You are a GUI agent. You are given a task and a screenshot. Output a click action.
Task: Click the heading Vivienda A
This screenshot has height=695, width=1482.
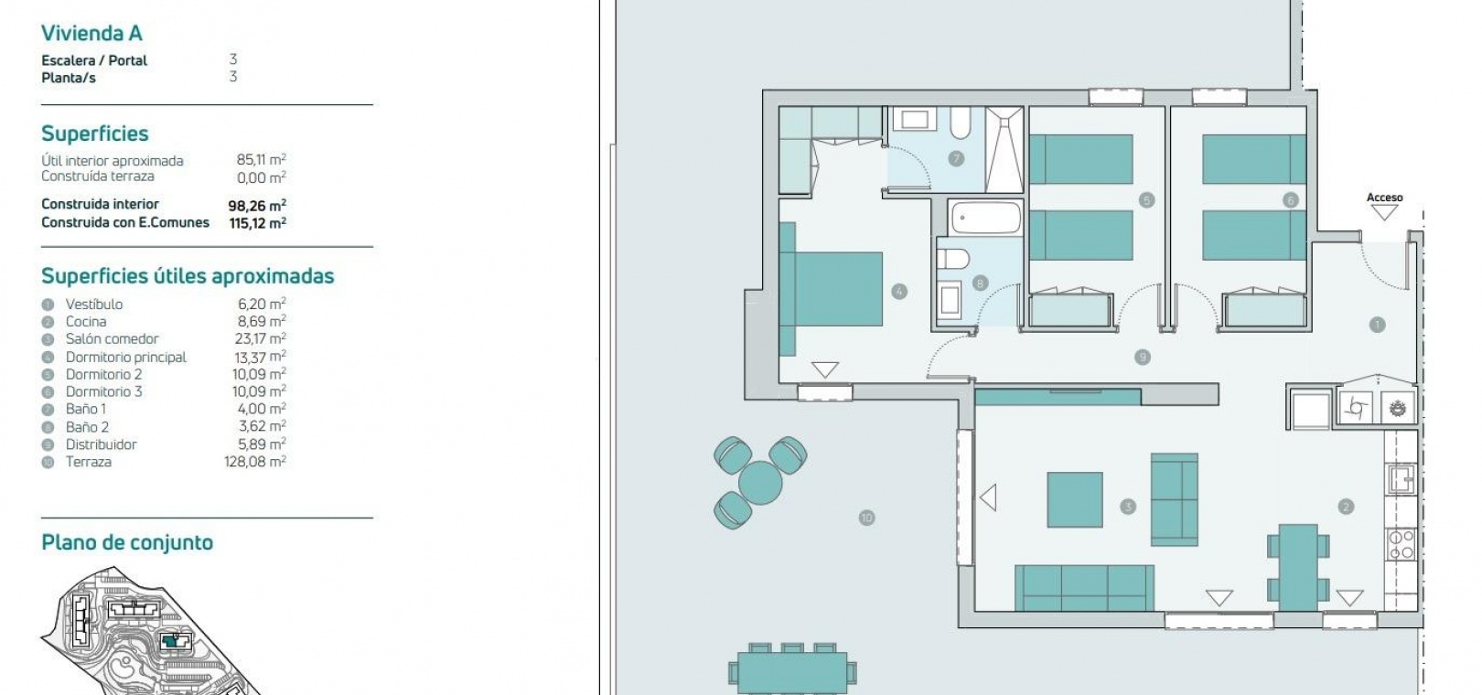click(91, 33)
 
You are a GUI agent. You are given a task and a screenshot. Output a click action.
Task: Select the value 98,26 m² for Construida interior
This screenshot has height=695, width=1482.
click(257, 206)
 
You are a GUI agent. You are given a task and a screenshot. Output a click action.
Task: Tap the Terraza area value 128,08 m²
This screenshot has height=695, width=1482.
click(255, 462)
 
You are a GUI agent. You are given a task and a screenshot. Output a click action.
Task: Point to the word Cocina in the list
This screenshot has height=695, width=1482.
click(86, 321)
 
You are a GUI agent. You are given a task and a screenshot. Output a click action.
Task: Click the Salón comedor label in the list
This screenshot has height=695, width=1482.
click(112, 338)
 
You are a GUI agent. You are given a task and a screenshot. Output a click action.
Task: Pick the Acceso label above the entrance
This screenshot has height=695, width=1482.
click(1385, 197)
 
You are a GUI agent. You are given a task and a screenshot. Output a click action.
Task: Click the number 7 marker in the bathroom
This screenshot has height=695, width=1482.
click(955, 159)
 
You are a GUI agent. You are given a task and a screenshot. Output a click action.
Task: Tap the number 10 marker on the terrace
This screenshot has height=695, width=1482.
click(866, 518)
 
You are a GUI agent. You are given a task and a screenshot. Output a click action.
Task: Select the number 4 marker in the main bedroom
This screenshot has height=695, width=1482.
click(898, 291)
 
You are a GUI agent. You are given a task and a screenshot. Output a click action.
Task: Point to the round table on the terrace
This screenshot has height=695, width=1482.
click(760, 483)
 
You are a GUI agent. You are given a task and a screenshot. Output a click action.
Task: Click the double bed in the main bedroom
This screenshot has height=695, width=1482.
click(831, 289)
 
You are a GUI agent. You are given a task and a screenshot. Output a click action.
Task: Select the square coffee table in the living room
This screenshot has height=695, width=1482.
click(1074, 499)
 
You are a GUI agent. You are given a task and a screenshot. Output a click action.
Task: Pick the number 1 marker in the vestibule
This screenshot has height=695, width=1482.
click(1377, 325)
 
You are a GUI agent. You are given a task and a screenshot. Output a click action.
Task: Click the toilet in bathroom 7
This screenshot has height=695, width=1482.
click(960, 123)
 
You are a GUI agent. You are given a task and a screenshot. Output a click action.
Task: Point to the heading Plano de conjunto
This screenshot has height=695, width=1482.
click(127, 542)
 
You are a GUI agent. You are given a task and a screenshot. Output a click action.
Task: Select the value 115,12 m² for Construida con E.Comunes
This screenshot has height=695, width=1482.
click(257, 223)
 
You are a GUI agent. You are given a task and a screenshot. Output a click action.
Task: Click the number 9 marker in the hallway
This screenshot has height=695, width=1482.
click(1142, 358)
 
